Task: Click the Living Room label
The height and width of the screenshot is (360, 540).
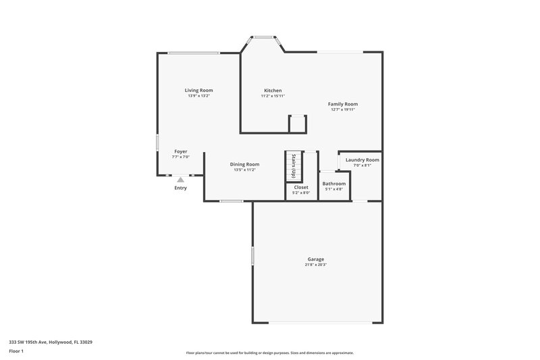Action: point(199,90)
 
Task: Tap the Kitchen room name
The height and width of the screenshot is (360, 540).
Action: point(273,90)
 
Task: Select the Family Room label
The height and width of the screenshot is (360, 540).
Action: point(343,104)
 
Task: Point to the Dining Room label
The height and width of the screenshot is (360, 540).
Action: point(244,164)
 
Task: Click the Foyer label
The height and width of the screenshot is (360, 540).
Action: point(181,151)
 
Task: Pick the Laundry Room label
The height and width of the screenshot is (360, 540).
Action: point(362,159)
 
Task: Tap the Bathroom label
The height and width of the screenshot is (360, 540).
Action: point(333,184)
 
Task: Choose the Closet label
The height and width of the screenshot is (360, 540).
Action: point(301,187)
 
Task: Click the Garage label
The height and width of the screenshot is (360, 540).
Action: point(316,259)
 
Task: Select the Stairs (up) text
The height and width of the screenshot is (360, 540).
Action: point(294,166)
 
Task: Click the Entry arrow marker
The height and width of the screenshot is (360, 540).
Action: point(180,180)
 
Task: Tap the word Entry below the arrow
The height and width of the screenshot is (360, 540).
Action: point(180,188)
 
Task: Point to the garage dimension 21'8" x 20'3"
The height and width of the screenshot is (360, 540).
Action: point(316,265)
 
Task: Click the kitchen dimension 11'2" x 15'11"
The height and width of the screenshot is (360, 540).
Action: point(273,96)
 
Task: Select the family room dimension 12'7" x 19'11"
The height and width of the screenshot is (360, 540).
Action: point(343,109)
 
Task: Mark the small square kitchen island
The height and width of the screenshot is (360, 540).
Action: point(298,124)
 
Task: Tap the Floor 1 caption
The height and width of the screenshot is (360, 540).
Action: point(17,351)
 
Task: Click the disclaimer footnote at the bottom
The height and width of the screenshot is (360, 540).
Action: point(270,353)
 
